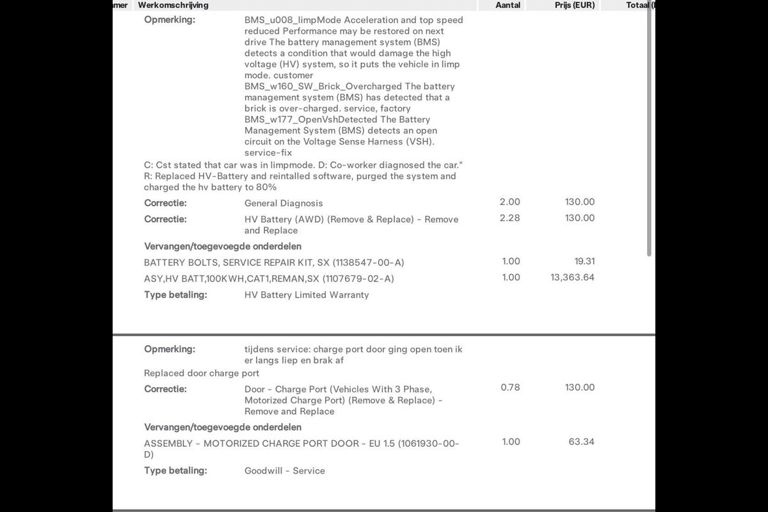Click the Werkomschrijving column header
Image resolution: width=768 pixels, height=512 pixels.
(x=173, y=5)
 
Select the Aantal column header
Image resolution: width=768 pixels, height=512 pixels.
(x=508, y=5)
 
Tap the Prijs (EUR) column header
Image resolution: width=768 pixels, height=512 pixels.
(x=575, y=5)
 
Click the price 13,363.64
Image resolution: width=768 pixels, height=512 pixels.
(x=572, y=278)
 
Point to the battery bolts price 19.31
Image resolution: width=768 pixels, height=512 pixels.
(x=584, y=262)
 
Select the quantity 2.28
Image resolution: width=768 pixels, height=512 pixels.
(x=510, y=218)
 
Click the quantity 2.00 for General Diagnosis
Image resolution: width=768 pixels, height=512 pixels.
(x=510, y=202)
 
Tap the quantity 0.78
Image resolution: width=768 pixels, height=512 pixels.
(x=510, y=388)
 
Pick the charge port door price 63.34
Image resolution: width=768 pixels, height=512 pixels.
(x=581, y=442)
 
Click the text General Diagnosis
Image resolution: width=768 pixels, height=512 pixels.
(x=284, y=204)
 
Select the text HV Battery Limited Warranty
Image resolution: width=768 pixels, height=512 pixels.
(x=307, y=295)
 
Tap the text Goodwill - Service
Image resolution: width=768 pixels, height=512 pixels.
(x=284, y=471)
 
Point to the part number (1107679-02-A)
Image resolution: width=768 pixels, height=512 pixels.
(x=358, y=279)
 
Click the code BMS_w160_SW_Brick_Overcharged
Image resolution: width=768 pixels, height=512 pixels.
(x=323, y=86)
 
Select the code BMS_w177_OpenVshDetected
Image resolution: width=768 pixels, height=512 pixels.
(x=311, y=120)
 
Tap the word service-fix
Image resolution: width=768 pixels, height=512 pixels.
(x=268, y=153)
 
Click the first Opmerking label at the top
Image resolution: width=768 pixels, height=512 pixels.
(x=170, y=20)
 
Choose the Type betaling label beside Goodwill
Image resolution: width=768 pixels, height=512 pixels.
(x=175, y=471)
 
